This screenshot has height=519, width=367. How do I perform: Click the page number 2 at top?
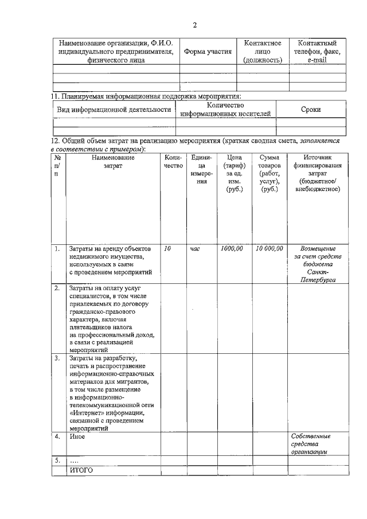tap(194, 25)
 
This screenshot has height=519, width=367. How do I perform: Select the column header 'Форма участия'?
tap(208, 52)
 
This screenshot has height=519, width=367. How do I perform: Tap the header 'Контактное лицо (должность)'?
tap(262, 52)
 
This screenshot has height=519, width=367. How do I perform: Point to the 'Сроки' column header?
tap(311, 110)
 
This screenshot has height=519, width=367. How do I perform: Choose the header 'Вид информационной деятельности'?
tap(115, 110)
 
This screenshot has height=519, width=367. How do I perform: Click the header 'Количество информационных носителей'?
tap(225, 110)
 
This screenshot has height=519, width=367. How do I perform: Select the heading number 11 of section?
tap(56, 96)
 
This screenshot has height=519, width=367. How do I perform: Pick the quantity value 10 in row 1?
tap(167, 249)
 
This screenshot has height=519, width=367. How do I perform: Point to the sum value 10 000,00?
tap(270, 249)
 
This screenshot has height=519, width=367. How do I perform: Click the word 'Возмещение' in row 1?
tap(318, 249)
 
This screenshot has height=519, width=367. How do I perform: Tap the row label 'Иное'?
tap(77, 437)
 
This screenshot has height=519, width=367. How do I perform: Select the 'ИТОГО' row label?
tap(81, 470)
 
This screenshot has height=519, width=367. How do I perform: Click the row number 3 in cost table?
tap(57, 358)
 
